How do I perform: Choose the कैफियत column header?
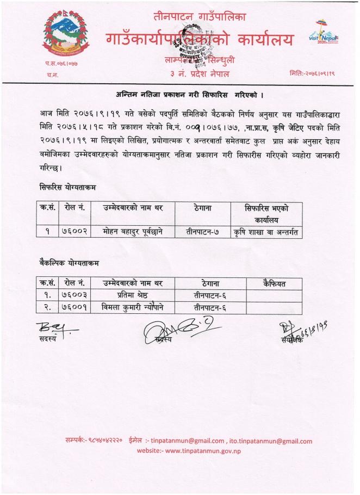click(x=274, y=283)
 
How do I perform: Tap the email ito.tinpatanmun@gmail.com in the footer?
click(x=271, y=441)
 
